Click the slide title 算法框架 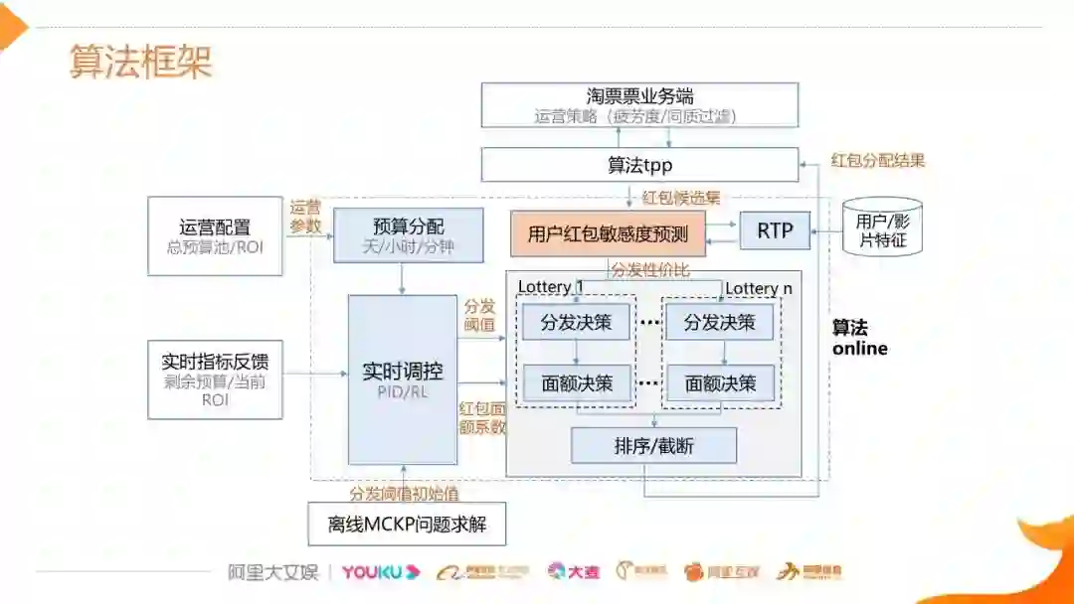pyautogui.click(x=141, y=61)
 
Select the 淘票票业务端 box pyautogui.click(x=639, y=105)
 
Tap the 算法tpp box pyautogui.click(x=639, y=165)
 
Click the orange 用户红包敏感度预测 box pyautogui.click(x=608, y=233)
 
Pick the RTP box pyautogui.click(x=775, y=230)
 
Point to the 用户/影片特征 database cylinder pyautogui.click(x=883, y=229)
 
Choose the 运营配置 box pyautogui.click(x=215, y=236)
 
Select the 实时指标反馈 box pyautogui.click(x=215, y=378)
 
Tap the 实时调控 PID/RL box pyautogui.click(x=402, y=379)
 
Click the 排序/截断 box pyautogui.click(x=653, y=446)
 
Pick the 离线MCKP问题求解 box pyautogui.click(x=407, y=524)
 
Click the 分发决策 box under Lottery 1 pyautogui.click(x=577, y=322)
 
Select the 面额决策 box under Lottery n pyautogui.click(x=720, y=382)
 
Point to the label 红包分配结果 pyautogui.click(x=878, y=160)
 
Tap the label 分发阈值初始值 pyautogui.click(x=404, y=493)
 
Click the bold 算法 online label pyautogui.click(x=859, y=338)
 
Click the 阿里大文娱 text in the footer pyautogui.click(x=272, y=572)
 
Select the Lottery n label pyautogui.click(x=759, y=288)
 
